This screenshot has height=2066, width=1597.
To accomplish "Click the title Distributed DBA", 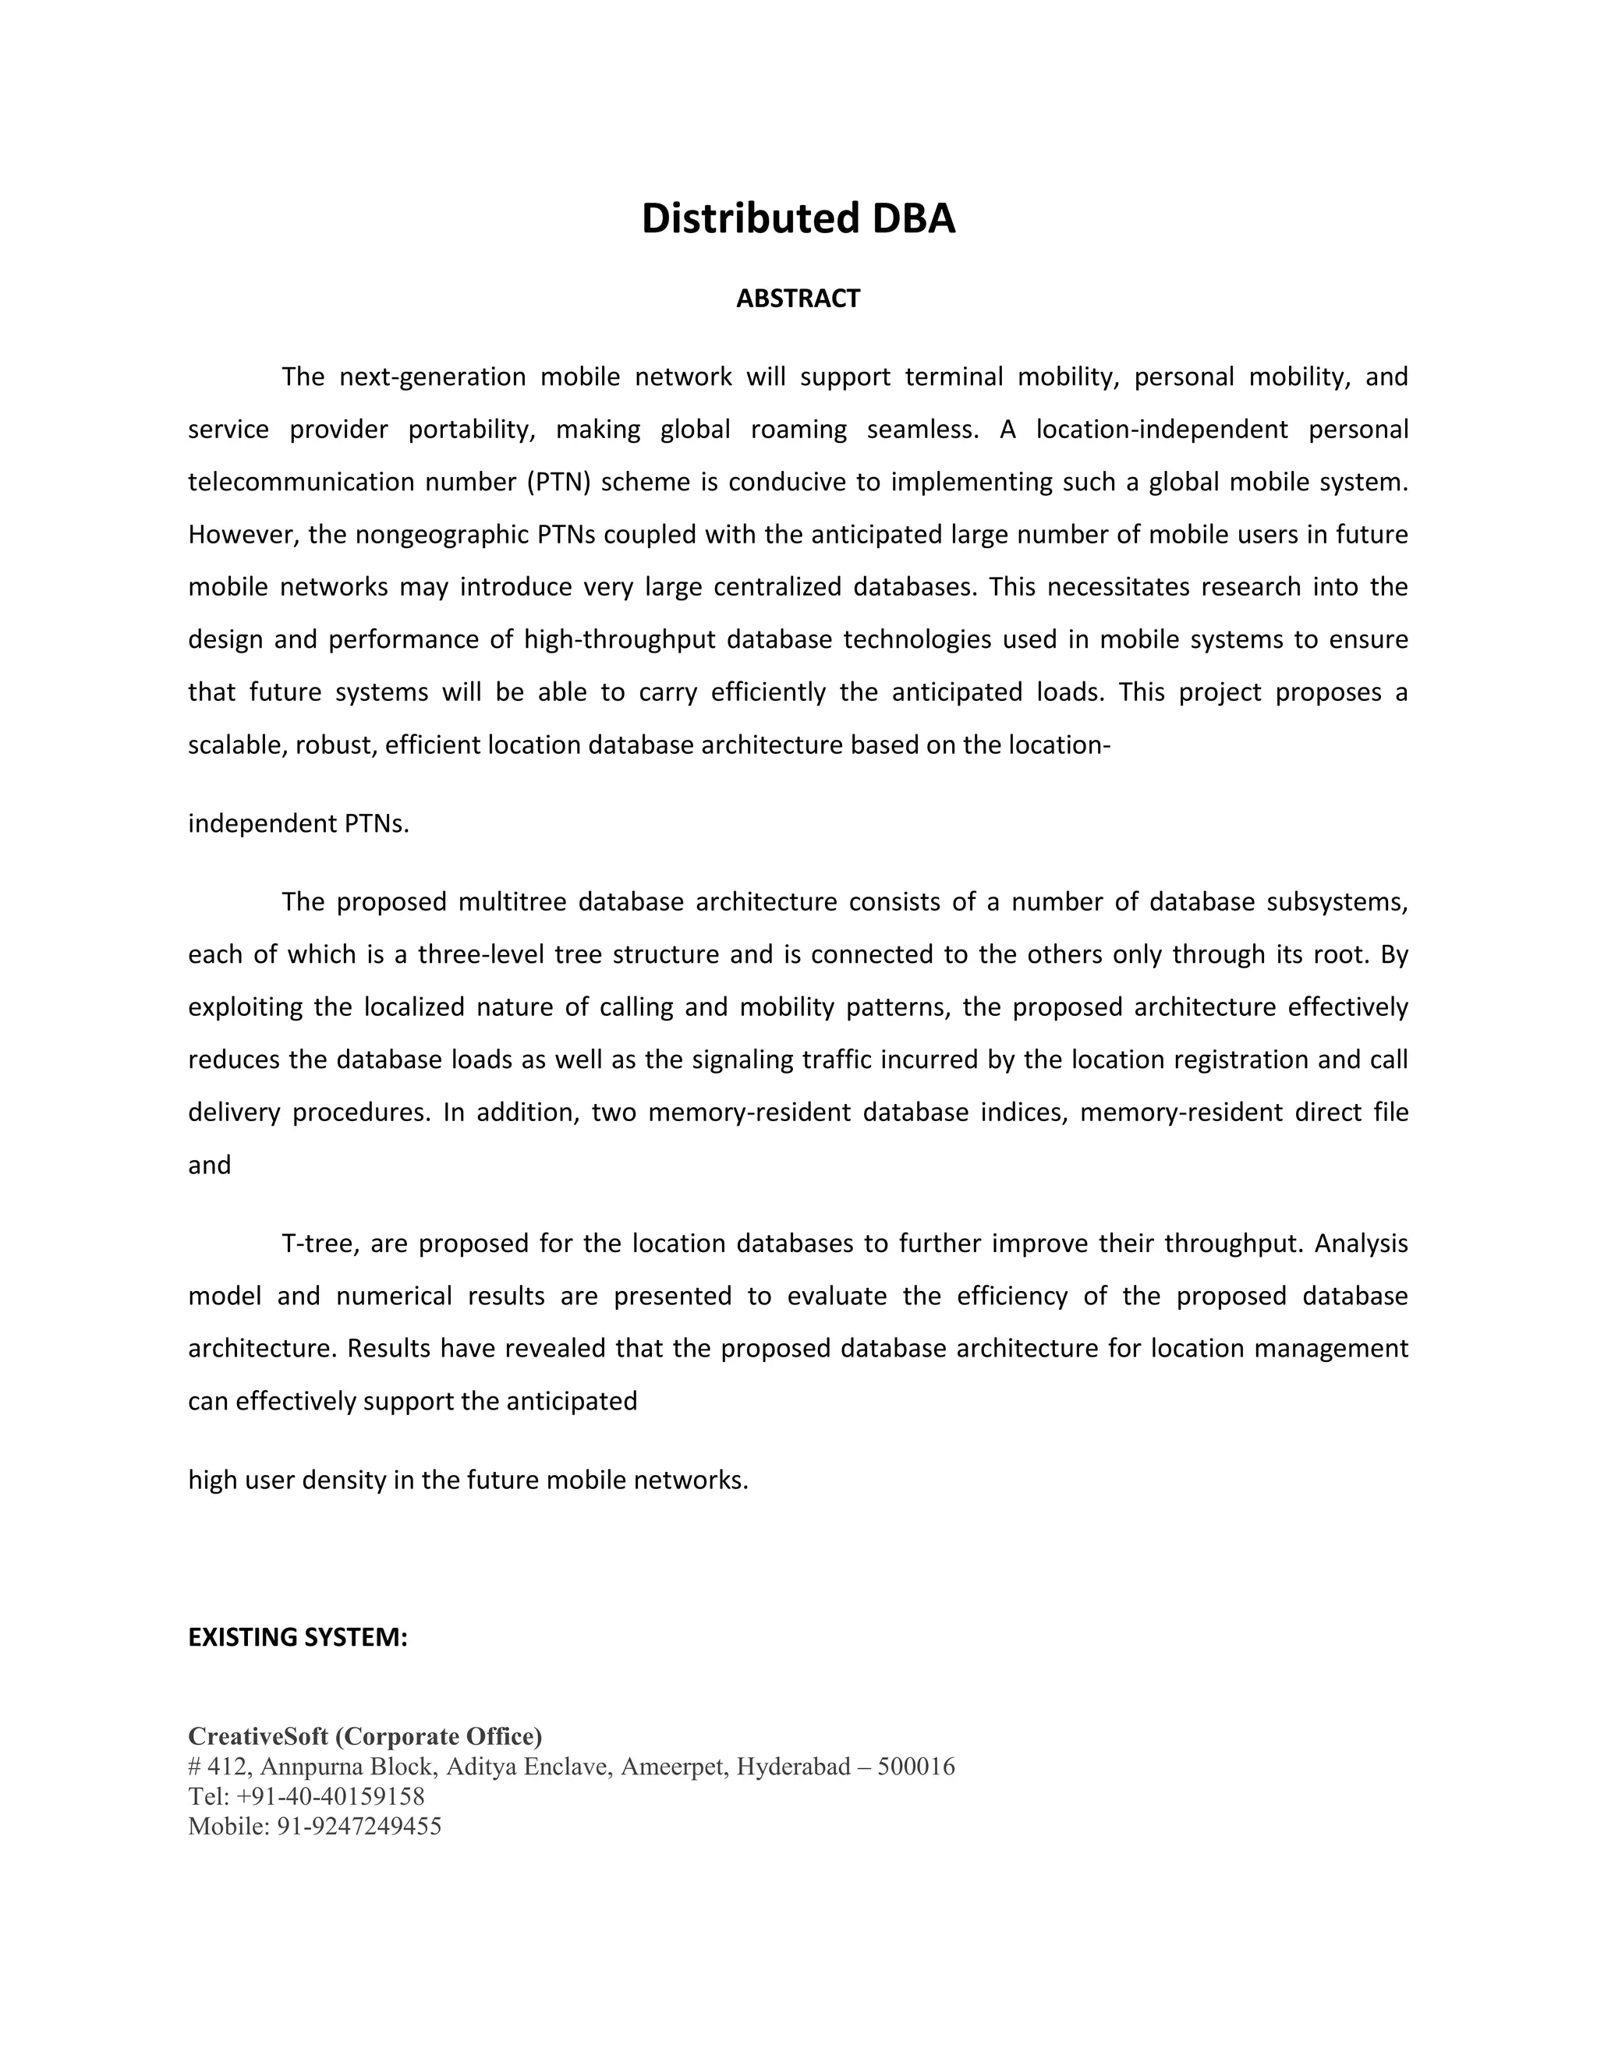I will coord(798,218).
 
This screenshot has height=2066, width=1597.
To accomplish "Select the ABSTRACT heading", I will coord(798,299).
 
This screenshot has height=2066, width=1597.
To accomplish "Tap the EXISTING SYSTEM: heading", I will coord(297,1636).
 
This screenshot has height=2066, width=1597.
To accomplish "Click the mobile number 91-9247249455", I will coord(359,1826).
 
